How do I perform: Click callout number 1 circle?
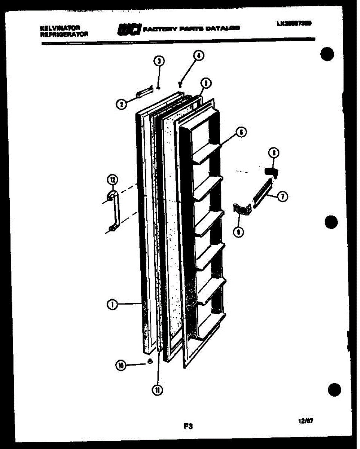(x=112, y=305)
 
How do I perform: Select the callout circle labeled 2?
(x=121, y=105)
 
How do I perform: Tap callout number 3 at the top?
(x=159, y=61)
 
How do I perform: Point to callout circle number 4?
(x=198, y=56)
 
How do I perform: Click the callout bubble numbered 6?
(x=241, y=132)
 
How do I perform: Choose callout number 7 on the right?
(x=282, y=197)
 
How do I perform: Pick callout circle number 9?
(x=238, y=232)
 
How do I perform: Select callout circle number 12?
(x=112, y=180)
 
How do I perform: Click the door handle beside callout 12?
(x=114, y=211)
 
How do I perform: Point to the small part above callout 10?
(x=150, y=361)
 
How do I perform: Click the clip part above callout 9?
(x=241, y=210)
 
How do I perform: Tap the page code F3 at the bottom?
(x=188, y=425)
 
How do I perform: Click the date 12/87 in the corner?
(x=306, y=421)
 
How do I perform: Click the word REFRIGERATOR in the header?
(x=64, y=34)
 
